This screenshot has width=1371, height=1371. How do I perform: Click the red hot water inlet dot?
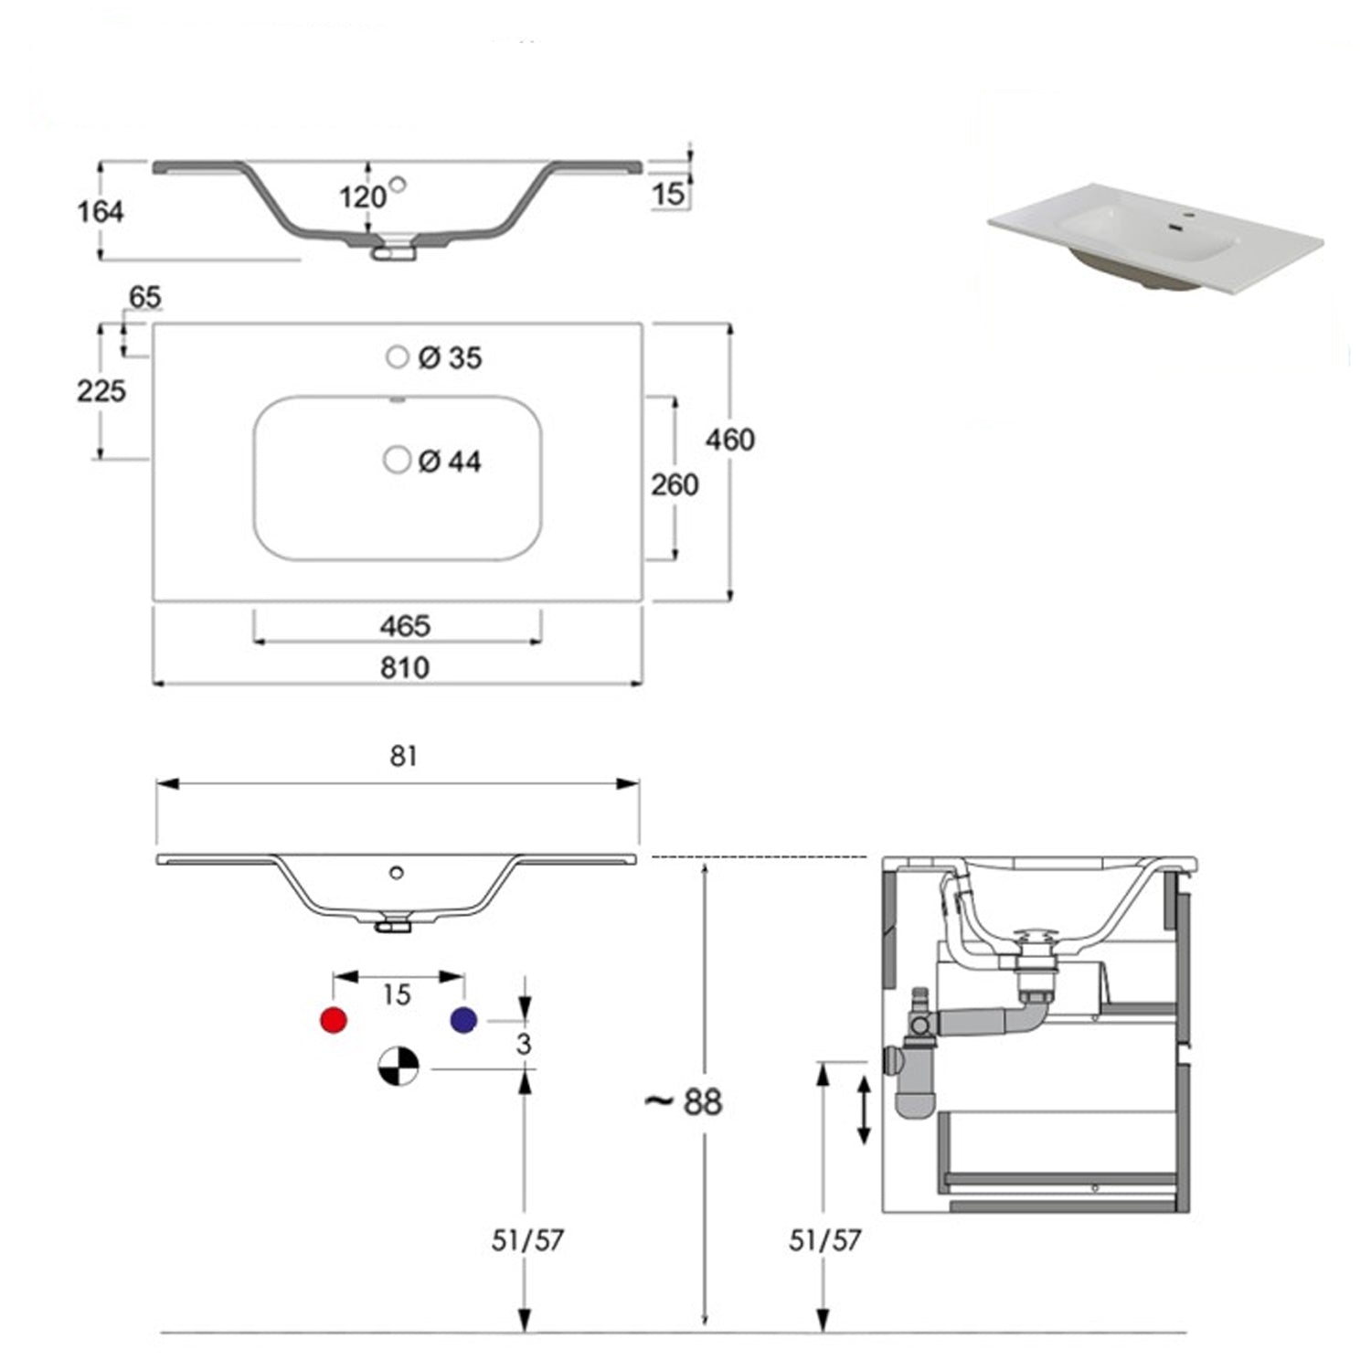click(x=335, y=1020)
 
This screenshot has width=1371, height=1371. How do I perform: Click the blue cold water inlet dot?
click(x=464, y=1020)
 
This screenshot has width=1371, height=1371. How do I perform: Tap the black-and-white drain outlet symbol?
click(x=399, y=1067)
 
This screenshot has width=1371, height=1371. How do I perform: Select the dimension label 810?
click(x=404, y=668)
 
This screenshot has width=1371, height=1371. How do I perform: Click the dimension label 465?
click(x=404, y=626)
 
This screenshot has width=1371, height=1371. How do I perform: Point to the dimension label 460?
click(x=729, y=440)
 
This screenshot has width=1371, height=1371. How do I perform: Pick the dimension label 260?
click(x=675, y=484)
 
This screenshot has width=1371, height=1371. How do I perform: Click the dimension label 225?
click(x=101, y=391)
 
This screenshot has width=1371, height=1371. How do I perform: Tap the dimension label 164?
click(x=100, y=212)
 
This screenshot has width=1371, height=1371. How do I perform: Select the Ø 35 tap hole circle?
click(x=397, y=357)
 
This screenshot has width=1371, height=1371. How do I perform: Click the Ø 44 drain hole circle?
click(x=397, y=460)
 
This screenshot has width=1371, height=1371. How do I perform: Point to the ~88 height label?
click(x=684, y=1102)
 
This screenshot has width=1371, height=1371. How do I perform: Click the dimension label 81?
click(x=403, y=757)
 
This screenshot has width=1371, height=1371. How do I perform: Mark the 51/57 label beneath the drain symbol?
click(x=527, y=1240)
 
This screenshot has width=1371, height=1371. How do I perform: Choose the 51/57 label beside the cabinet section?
click(x=825, y=1240)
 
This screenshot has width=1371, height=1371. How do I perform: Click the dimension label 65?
click(x=144, y=298)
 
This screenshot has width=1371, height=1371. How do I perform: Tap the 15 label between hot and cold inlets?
click(x=397, y=994)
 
